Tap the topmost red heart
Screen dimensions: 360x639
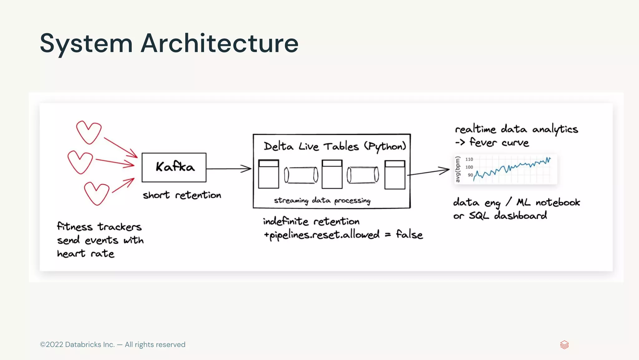click(89, 132)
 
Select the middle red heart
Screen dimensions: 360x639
click(80, 162)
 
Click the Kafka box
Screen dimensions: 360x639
click(174, 167)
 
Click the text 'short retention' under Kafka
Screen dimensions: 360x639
click(182, 195)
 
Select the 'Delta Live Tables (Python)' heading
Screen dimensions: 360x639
click(334, 146)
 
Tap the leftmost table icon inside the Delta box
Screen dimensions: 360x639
click(268, 174)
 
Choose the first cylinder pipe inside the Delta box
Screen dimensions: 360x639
click(301, 175)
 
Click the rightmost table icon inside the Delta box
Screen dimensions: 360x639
click(395, 175)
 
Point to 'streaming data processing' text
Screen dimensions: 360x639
click(322, 200)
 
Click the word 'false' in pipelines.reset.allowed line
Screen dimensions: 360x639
click(409, 234)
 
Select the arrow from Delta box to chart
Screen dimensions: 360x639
click(429, 172)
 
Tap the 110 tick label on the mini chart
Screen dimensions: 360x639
click(469, 159)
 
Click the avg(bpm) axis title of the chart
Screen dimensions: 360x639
click(458, 169)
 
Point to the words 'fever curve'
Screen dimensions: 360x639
click(499, 143)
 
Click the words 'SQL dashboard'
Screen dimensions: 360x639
click(508, 215)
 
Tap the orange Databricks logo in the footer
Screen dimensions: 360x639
click(564, 345)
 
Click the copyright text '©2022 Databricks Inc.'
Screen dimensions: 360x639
click(77, 344)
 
